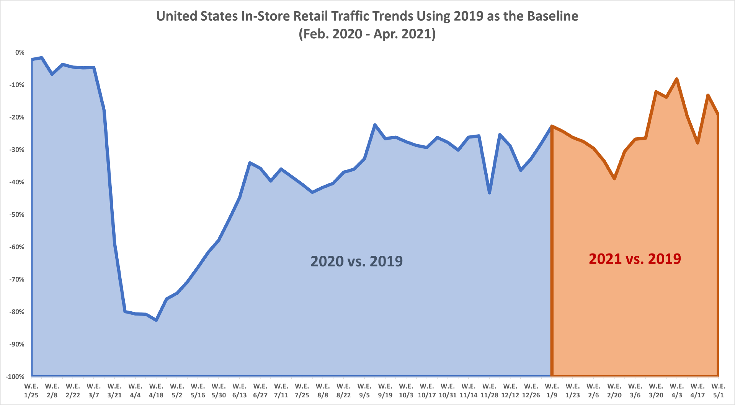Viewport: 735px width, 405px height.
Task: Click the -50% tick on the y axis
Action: (x=17, y=215)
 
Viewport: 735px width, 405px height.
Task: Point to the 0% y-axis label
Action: (x=20, y=52)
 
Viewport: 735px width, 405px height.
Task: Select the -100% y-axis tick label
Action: (x=15, y=377)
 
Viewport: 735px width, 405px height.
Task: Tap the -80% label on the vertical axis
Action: (x=17, y=312)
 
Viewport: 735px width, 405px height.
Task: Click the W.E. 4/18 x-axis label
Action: (x=156, y=390)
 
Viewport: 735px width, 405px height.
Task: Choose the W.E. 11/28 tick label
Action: (x=489, y=390)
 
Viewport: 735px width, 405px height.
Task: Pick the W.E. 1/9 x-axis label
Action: (x=552, y=390)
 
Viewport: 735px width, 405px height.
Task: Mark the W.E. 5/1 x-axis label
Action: (x=718, y=390)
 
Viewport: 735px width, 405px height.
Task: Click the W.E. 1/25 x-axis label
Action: (x=31, y=390)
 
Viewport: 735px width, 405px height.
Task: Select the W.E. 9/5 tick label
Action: (x=364, y=390)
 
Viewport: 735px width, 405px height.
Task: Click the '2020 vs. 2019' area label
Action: (x=356, y=261)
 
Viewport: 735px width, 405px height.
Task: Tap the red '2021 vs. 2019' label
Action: (x=635, y=259)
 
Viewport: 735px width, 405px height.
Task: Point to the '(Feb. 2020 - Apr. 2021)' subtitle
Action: (x=367, y=34)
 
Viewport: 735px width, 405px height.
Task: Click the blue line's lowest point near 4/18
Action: (x=156, y=320)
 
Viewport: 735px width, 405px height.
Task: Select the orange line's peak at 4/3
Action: (x=677, y=79)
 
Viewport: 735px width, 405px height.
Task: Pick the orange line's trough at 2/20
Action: (x=614, y=179)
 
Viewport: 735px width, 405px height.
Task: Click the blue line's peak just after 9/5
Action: (x=375, y=125)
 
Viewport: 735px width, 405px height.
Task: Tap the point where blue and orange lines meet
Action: (x=552, y=126)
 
